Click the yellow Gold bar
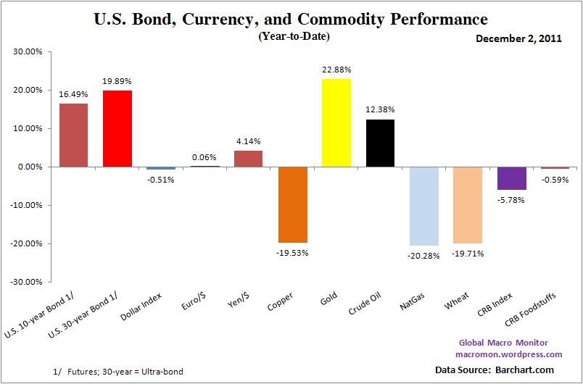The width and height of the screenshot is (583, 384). coord(336,122)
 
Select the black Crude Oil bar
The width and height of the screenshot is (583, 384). coord(380,143)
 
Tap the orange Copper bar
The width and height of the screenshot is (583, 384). coord(292,204)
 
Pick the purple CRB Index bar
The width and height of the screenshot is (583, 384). coord(511,178)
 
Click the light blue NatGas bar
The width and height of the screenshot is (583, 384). coord(423,206)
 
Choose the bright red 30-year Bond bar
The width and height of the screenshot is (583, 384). coord(117,128)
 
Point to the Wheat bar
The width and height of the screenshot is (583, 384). coord(467,205)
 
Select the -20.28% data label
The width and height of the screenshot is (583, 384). coord(423,254)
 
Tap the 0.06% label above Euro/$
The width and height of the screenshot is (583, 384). coord(204,156)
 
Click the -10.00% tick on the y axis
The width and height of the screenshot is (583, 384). coord(27,205)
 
